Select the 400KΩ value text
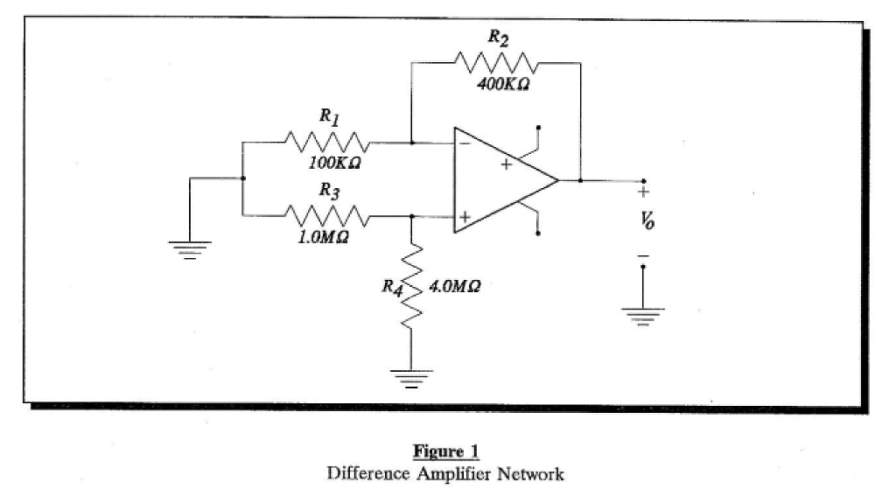click(503, 86)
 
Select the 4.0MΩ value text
click(452, 286)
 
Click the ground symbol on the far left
click(191, 245)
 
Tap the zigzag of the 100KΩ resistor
click(326, 142)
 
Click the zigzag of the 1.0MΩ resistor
click(326, 215)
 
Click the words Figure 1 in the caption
click(445, 452)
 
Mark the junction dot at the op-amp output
click(580, 180)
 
